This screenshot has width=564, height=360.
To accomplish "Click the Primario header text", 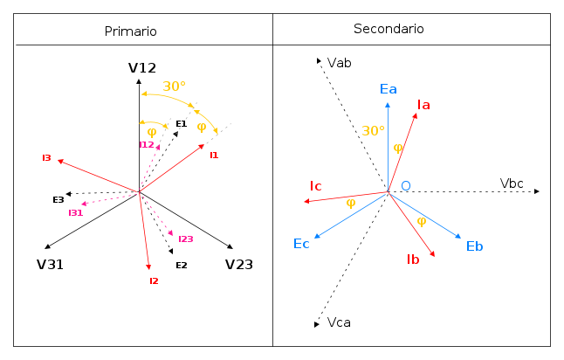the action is click(131, 31).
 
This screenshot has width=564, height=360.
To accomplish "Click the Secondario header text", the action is click(389, 29).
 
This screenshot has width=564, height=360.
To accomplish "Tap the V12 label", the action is click(142, 68).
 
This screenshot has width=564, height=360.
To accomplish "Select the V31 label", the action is click(50, 265).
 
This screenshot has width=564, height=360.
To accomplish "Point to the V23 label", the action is click(239, 265).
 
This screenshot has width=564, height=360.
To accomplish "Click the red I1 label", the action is click(214, 156).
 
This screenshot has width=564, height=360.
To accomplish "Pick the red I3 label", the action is click(47, 157).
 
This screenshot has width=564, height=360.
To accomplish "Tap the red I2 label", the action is click(154, 280).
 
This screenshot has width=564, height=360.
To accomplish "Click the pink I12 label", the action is click(147, 145).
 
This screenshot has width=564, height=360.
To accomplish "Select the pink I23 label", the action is click(186, 239).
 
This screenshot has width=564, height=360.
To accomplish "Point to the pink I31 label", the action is click(76, 212).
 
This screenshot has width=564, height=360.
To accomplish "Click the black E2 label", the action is click(182, 266).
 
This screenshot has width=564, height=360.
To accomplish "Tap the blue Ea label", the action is click(389, 89).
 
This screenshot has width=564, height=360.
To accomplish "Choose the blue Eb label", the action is click(474, 246).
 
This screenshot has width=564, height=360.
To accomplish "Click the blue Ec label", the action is click(301, 244).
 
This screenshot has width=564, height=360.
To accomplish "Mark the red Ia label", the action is click(423, 105).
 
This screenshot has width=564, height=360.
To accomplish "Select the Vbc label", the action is click(512, 183).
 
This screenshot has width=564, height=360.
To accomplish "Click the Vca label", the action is click(339, 322).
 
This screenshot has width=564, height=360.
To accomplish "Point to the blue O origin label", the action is click(406, 186).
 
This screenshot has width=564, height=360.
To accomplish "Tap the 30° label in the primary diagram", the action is click(174, 87).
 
